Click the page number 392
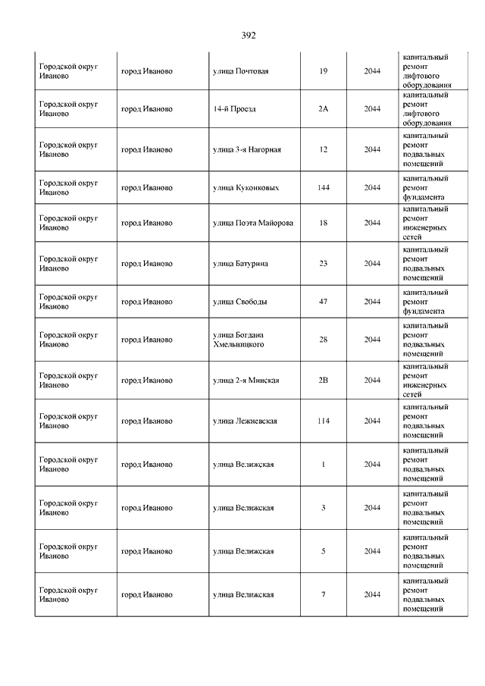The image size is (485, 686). coord(249,36)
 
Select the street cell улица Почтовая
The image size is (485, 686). coord(241,71)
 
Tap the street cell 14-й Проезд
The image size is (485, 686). coord(235,109)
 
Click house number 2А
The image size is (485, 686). coord(324,109)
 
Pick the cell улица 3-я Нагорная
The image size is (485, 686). coord(247,149)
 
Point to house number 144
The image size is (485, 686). coord(324,187)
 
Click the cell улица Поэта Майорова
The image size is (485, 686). coord(253,223)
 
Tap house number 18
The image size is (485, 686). coord(324,223)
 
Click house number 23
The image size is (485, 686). coord(324,264)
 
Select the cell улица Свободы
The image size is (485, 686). coord(239,302)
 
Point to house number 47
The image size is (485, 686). coord(324,302)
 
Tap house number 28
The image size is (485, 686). coord(324,340)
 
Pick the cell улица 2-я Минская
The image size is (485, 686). coord(246,381)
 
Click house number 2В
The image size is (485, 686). coord(324,381)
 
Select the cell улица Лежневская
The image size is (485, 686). coord(245,421)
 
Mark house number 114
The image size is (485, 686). coord(324,421)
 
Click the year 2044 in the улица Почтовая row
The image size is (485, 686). coord(372,71)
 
